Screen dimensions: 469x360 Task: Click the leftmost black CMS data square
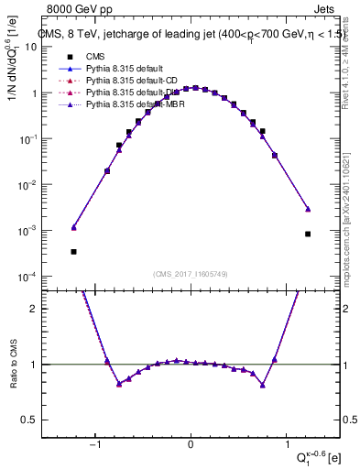(73, 251)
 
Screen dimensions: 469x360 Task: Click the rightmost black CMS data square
(309, 234)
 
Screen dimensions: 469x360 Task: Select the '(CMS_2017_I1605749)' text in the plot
(191, 275)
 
